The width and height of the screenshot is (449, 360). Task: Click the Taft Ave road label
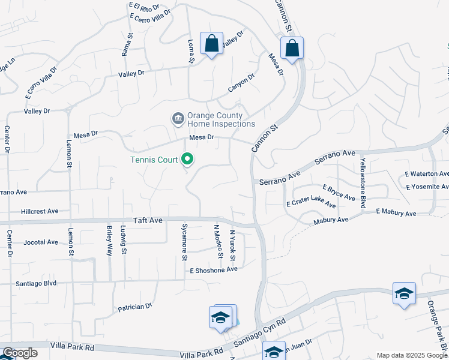[148, 221]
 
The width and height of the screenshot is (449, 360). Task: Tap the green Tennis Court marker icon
[188, 159]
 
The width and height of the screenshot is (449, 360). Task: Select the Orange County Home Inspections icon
[178, 119]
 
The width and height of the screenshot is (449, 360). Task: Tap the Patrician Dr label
[134, 307]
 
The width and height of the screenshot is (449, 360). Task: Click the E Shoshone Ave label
[214, 269]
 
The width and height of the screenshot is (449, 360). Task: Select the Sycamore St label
[184, 242]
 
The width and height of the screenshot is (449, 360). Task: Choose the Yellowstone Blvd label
[363, 184]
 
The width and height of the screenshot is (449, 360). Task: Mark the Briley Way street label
[109, 241]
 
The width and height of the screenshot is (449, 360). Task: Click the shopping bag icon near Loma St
[211, 43]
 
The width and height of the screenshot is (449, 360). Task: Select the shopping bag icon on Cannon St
[292, 48]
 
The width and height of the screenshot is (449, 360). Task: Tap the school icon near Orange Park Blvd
[405, 293]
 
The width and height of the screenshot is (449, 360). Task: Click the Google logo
[20, 353]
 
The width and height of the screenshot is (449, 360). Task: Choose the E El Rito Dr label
[144, 8]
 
